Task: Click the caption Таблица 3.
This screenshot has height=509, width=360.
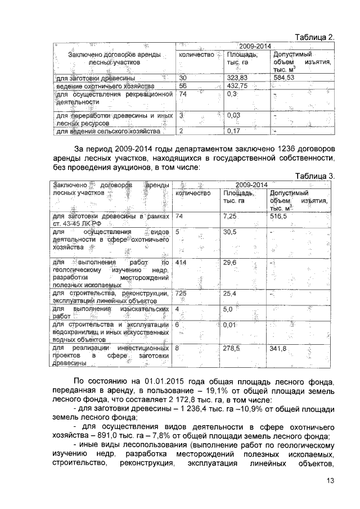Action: click(x=315, y=176)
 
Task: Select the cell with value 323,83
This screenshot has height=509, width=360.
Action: click(x=236, y=78)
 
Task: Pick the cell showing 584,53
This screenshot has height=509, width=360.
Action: click(x=284, y=78)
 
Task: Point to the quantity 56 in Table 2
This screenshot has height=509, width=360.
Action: click(x=182, y=86)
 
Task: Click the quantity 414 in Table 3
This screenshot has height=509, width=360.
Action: click(x=182, y=263)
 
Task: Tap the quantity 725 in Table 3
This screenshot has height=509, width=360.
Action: click(x=182, y=294)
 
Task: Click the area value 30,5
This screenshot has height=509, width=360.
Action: click(x=229, y=232)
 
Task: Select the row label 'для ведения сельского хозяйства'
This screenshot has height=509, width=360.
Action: click(x=107, y=132)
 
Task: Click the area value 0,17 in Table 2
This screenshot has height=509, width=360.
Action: click(x=232, y=132)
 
